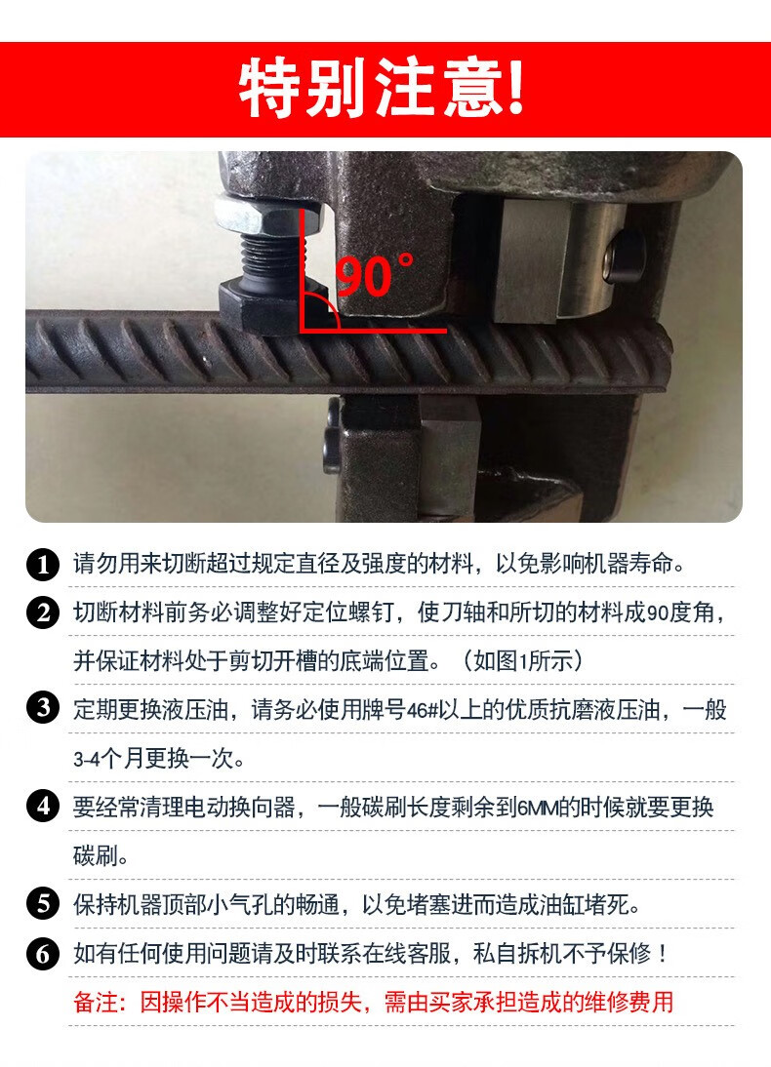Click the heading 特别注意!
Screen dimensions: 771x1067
[x=382, y=88]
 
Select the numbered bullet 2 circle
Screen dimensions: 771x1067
[x=43, y=613]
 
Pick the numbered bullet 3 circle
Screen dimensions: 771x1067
[x=43, y=708]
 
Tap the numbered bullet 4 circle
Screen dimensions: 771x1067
[x=43, y=806]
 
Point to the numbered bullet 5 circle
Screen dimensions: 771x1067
[x=43, y=904]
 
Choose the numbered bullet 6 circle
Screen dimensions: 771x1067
[x=43, y=953]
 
